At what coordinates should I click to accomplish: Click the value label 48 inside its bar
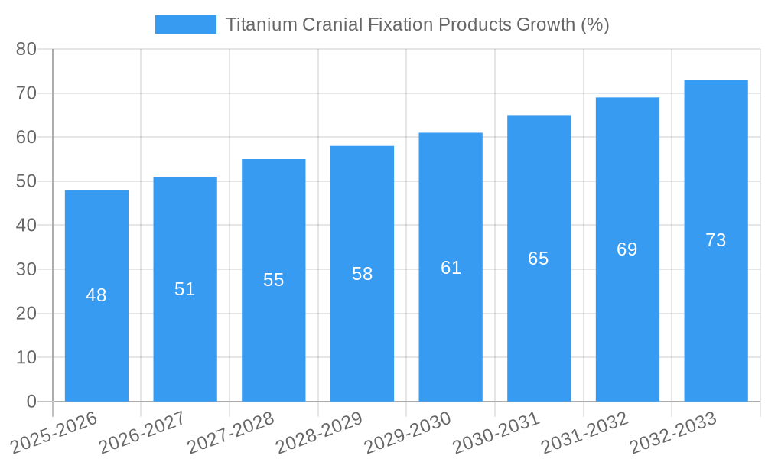point(96,295)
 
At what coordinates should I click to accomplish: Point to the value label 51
point(185,289)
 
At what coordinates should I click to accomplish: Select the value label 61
point(451,268)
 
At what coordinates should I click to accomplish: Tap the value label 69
point(627,249)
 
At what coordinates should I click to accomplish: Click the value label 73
point(715,240)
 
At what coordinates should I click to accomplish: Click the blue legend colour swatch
point(185,24)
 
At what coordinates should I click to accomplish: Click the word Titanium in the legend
point(257,24)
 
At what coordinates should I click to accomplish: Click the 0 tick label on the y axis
point(31,402)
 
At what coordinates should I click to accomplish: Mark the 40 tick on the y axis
point(26,226)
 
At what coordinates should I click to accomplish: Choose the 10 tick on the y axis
point(26,357)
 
